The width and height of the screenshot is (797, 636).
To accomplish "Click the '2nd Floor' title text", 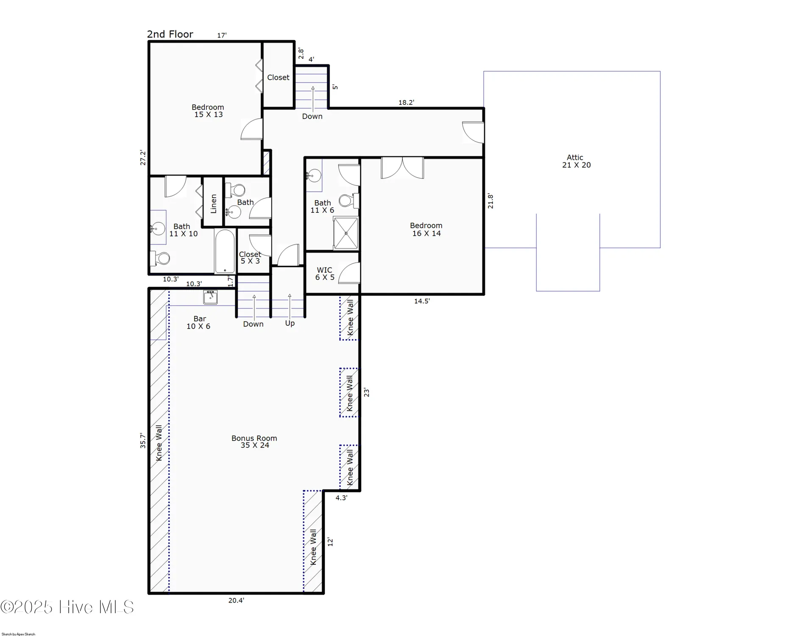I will pyautogui.click(x=170, y=34).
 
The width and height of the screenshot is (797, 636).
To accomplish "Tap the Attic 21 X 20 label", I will pyautogui.click(x=576, y=161).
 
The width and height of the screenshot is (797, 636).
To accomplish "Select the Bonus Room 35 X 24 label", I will pyautogui.click(x=254, y=441).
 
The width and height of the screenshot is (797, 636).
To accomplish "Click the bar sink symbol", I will pyautogui.click(x=210, y=297).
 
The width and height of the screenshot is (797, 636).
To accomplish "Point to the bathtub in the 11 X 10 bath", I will pyautogui.click(x=224, y=251).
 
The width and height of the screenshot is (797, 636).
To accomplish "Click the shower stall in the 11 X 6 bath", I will pyautogui.click(x=346, y=233).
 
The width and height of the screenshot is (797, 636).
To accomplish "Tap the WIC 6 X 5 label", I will pyautogui.click(x=325, y=273).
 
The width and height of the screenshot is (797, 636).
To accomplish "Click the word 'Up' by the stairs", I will pyautogui.click(x=290, y=323).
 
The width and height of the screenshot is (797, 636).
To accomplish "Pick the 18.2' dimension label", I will pyautogui.click(x=406, y=103).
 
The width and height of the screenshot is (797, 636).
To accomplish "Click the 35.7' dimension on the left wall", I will pyautogui.click(x=143, y=441).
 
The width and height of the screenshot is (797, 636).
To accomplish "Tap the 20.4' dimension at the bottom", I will pyautogui.click(x=236, y=600).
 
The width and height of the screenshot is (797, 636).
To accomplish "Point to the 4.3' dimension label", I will pyautogui.click(x=341, y=498).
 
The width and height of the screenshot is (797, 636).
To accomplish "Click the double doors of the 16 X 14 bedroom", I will pyautogui.click(x=402, y=168).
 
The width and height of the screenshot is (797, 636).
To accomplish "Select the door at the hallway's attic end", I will pyautogui.click(x=473, y=132).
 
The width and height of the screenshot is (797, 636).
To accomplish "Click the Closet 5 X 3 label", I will pyautogui.click(x=250, y=257).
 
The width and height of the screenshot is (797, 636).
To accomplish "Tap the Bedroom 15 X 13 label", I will pyautogui.click(x=208, y=111).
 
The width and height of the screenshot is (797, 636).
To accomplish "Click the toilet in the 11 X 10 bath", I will pyautogui.click(x=160, y=258).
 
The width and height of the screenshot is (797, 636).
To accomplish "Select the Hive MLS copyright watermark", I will pyautogui.click(x=67, y=607).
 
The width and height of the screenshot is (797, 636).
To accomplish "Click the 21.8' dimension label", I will pyautogui.click(x=490, y=201).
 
